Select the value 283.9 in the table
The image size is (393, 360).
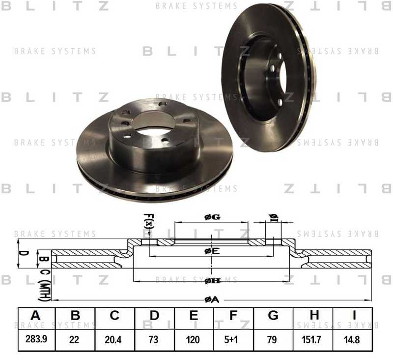tap(35, 339)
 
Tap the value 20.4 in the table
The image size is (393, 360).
tap(114, 339)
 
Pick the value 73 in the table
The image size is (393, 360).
tap(154, 339)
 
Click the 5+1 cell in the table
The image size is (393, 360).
tap(233, 339)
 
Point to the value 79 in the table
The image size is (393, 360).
tap(273, 339)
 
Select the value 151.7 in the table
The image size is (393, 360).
tap(313, 339)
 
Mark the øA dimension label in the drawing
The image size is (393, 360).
tap(211, 300)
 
